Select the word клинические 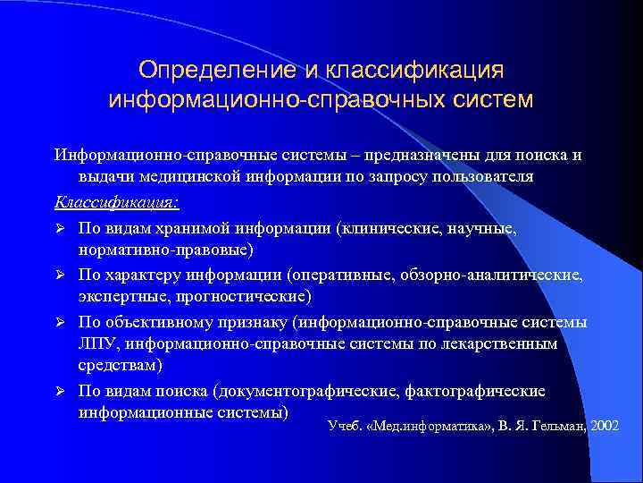(387, 228)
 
